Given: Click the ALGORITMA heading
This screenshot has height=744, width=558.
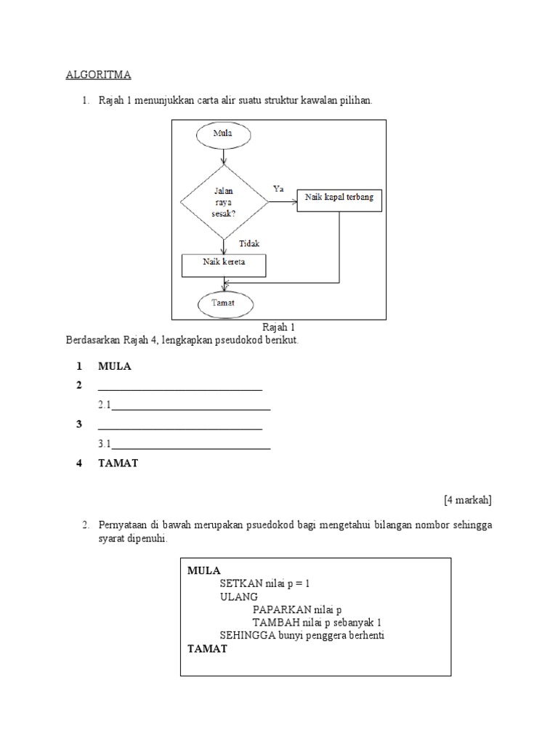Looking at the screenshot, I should click(x=99, y=74).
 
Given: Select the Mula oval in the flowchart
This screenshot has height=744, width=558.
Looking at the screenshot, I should click(x=222, y=134).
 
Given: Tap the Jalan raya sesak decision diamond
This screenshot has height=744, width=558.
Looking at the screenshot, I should click(x=223, y=201).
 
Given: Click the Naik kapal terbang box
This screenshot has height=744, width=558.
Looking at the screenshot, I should click(x=339, y=201).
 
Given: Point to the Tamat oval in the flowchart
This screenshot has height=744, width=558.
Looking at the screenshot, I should click(x=223, y=302).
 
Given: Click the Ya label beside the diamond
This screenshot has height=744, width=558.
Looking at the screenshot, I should click(x=278, y=188).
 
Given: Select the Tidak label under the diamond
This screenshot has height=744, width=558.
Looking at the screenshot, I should click(x=249, y=244).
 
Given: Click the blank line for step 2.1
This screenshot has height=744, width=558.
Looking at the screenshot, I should click(x=190, y=409).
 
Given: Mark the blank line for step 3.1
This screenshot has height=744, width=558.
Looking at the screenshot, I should click(x=190, y=448).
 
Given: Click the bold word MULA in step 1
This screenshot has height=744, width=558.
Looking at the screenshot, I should click(x=115, y=366).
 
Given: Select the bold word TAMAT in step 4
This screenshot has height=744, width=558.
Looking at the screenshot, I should click(x=118, y=464).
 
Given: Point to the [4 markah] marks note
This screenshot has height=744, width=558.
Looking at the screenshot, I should click(x=467, y=499).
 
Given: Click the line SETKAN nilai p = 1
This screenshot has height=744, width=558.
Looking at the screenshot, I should click(x=269, y=583).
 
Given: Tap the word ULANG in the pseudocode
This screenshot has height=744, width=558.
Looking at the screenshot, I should click(x=238, y=597).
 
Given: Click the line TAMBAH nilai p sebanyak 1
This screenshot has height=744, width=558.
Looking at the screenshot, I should click(x=317, y=623).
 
